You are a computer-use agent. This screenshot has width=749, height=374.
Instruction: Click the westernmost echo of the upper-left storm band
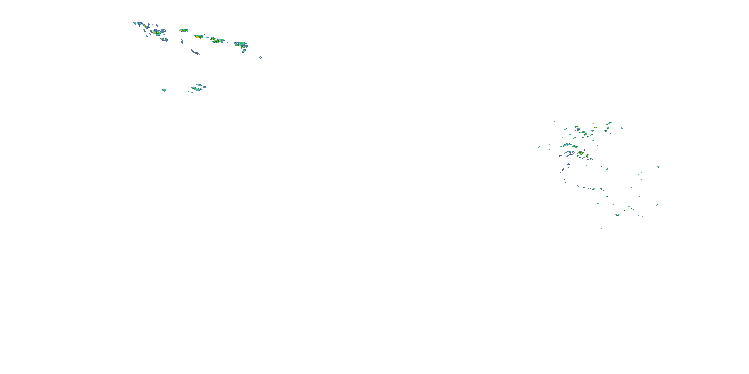[x=135, y=23]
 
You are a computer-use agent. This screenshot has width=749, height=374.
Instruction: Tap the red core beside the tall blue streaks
[x=145, y=26]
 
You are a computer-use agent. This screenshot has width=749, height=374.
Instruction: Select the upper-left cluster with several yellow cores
[x=157, y=32]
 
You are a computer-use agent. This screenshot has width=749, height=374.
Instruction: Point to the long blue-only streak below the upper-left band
[x=195, y=52]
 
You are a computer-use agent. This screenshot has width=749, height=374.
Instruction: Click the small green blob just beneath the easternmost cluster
[x=244, y=51]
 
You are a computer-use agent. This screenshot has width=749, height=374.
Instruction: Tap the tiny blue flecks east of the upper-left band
[x=260, y=57]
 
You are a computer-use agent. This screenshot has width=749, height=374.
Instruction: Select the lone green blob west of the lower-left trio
[x=164, y=90]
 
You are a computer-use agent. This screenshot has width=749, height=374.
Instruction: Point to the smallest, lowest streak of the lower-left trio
[x=191, y=92]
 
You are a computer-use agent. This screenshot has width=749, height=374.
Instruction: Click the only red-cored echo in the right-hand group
[x=581, y=152]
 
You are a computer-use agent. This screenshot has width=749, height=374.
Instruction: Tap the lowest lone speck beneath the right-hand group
[x=602, y=228]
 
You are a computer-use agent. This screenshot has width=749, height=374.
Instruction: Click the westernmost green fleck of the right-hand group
[x=539, y=147]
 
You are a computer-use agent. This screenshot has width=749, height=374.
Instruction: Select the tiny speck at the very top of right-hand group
[x=555, y=121]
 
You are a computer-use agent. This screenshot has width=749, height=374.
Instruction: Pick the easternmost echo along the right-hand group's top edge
[x=622, y=128]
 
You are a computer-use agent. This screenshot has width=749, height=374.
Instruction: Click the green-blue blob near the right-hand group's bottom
[x=617, y=215]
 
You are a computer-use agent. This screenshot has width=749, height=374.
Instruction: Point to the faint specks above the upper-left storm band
[x=211, y=19]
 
